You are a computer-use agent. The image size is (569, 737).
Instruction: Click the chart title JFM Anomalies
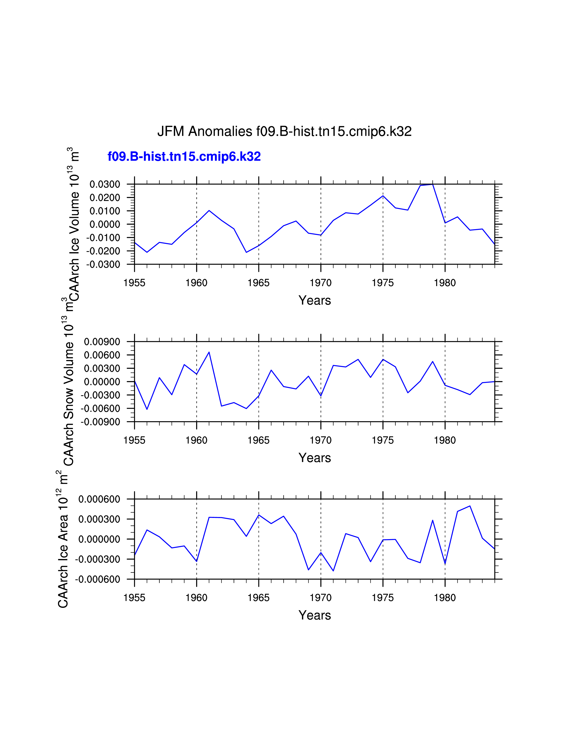tap(284, 131)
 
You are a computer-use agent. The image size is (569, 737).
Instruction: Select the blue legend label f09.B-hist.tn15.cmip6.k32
tap(184, 157)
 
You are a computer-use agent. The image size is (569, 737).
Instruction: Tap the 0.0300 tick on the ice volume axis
tap(104, 184)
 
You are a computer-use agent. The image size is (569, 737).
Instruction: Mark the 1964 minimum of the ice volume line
tap(246, 252)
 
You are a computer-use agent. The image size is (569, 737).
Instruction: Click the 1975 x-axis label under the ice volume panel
tap(383, 283)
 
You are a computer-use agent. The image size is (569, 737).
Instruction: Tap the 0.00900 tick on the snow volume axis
tap(102, 342)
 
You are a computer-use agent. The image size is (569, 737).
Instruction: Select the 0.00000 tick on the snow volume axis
tap(102, 382)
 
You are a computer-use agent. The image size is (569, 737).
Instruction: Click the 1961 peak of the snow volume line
tap(209, 352)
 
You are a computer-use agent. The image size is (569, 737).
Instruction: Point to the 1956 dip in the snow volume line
tap(147, 409)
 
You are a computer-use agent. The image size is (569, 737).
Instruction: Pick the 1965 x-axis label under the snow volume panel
tap(259, 440)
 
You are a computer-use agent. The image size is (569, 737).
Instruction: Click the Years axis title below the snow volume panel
tap(314, 458)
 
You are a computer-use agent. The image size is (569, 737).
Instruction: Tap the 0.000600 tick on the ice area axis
tap(99, 499)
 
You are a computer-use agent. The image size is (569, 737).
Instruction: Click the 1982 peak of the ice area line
tap(469, 506)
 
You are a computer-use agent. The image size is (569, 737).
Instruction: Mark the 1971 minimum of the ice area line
tap(333, 571)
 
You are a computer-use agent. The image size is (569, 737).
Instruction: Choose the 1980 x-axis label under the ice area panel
tap(445, 598)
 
